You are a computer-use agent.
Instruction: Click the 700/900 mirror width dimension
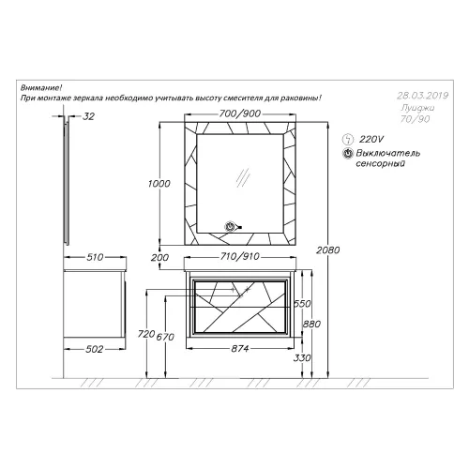click(240, 113)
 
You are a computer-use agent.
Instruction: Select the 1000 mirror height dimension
click(159, 184)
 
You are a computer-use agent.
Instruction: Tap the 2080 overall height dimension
click(327, 250)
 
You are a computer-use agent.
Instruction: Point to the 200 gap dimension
click(159, 258)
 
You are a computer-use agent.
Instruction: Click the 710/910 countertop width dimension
click(240, 256)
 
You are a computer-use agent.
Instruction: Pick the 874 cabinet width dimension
click(240, 348)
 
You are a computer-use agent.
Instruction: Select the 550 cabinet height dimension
click(302, 304)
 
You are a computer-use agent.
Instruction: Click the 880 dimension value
click(311, 324)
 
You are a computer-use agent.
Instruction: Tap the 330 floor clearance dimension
click(302, 357)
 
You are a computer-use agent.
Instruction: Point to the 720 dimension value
click(146, 334)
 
